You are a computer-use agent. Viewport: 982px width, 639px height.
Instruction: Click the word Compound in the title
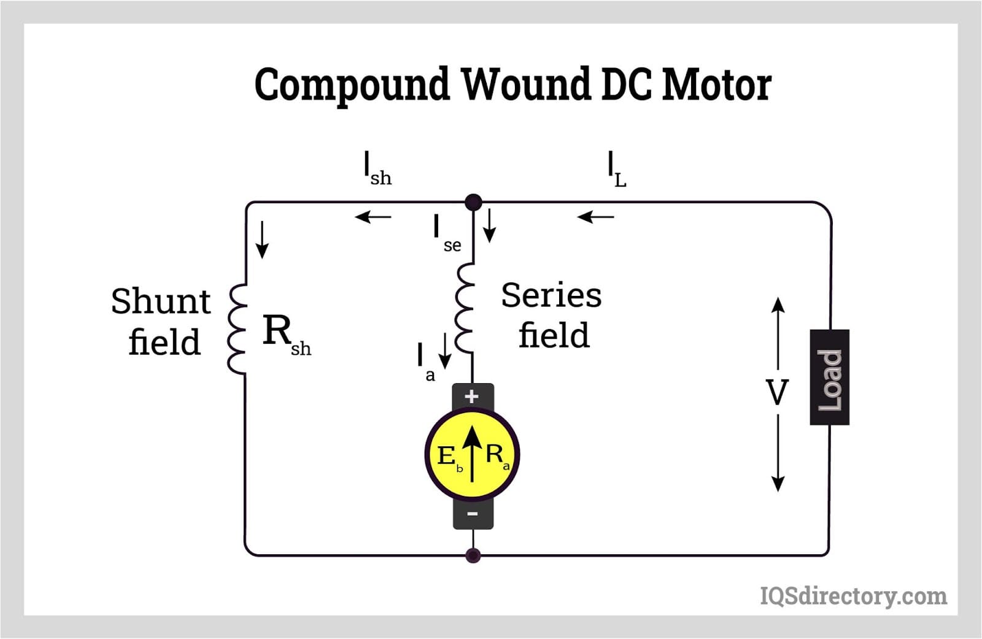tap(352, 85)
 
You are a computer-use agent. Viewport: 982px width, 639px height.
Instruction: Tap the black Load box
tap(830, 377)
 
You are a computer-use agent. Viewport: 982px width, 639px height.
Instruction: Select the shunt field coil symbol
tap(237, 329)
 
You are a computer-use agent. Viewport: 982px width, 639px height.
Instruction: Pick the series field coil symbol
tap(465, 309)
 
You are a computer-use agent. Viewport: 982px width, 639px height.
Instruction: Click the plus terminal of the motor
tap(472, 397)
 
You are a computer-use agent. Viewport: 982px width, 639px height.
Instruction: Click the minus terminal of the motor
tap(473, 513)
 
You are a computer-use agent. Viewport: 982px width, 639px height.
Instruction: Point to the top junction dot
tap(473, 202)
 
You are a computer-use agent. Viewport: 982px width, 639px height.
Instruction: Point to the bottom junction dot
tap(473, 556)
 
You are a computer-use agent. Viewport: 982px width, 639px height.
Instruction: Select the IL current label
tap(616, 169)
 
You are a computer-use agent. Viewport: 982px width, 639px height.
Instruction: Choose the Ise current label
tap(446, 234)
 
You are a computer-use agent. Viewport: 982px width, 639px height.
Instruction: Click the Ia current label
tap(425, 362)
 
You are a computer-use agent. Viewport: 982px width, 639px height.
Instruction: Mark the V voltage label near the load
tap(777, 393)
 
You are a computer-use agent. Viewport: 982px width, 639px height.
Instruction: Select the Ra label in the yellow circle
tap(497, 455)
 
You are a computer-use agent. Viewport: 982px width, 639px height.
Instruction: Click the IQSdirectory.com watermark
tap(853, 596)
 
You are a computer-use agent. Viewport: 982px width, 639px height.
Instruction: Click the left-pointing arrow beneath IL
tap(595, 217)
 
